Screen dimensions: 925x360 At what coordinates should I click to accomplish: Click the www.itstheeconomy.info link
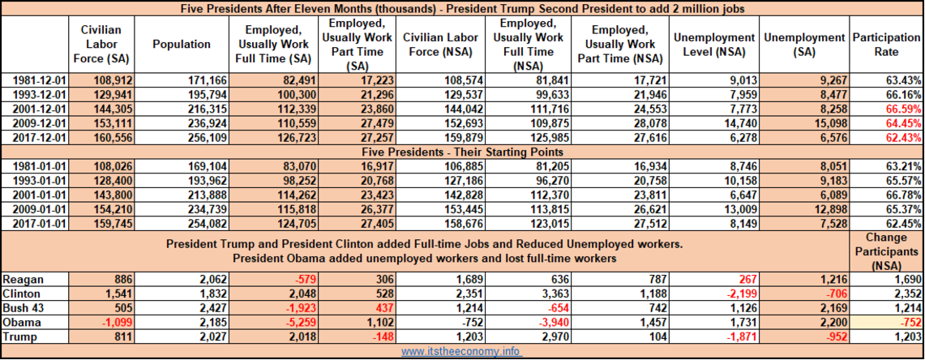[460, 352]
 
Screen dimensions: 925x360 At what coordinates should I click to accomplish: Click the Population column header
[181, 45]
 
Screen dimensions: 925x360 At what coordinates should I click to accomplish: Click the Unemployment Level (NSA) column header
[714, 45]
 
